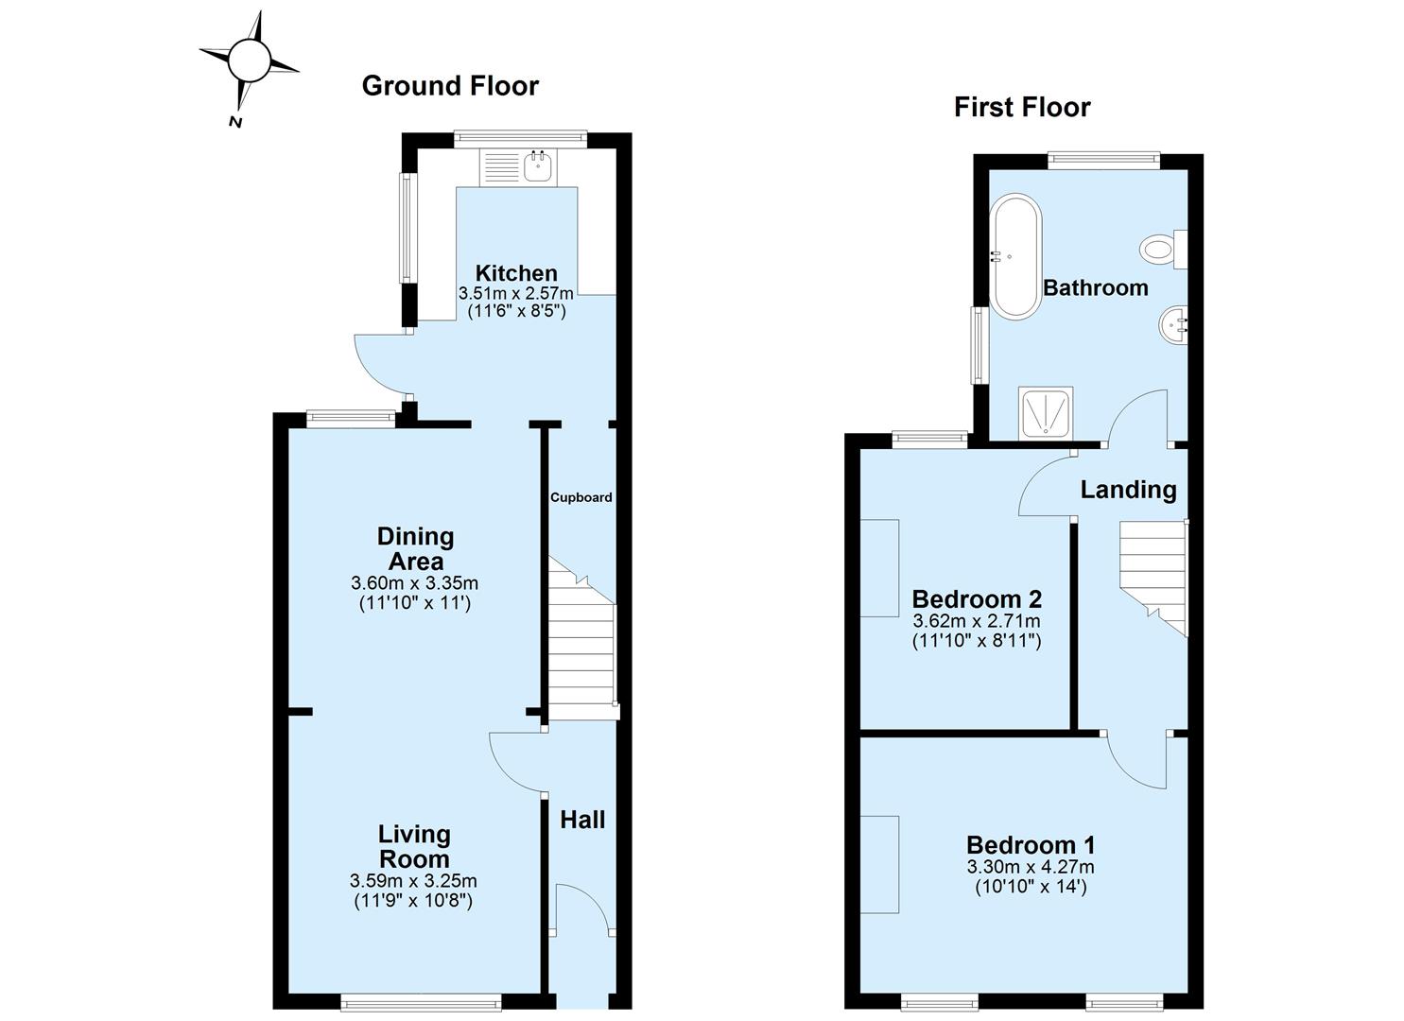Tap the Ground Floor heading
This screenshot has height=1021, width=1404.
point(450,86)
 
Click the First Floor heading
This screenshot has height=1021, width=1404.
point(1021,107)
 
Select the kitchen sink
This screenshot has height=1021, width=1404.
point(538,166)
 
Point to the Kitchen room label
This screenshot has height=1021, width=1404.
point(515,273)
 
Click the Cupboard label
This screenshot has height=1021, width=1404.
point(581,497)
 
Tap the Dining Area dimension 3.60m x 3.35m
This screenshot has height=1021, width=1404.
point(414,583)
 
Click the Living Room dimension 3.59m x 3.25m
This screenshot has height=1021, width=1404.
point(413,881)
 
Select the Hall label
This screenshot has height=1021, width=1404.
point(582,820)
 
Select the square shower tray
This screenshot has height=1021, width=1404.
point(1046,412)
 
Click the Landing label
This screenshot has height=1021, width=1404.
point(1128,490)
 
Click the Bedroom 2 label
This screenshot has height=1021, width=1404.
point(976,599)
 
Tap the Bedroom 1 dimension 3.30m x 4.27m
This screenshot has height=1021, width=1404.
point(1030,867)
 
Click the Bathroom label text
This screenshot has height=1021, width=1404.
point(1095,287)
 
